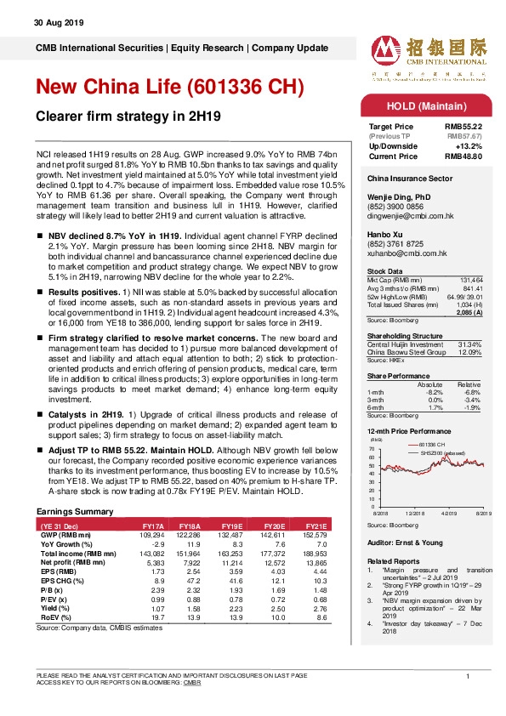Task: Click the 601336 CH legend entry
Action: click(x=431, y=445)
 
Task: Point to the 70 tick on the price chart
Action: click(x=372, y=450)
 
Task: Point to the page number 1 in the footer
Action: click(x=469, y=675)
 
